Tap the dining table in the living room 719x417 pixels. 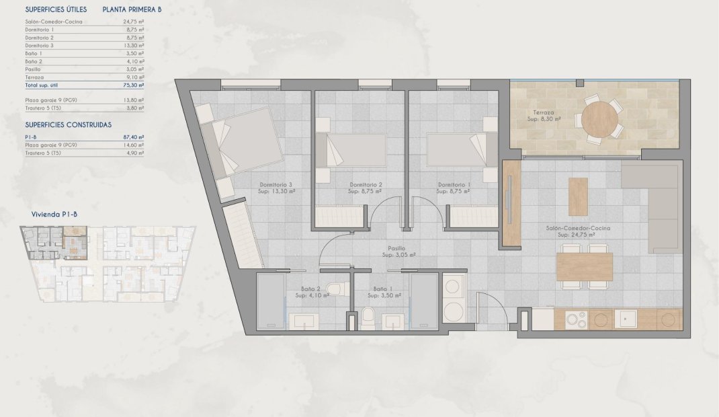584,266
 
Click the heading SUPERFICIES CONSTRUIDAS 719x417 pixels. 68,124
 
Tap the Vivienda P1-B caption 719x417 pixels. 56,215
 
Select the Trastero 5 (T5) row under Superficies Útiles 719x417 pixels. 43,107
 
